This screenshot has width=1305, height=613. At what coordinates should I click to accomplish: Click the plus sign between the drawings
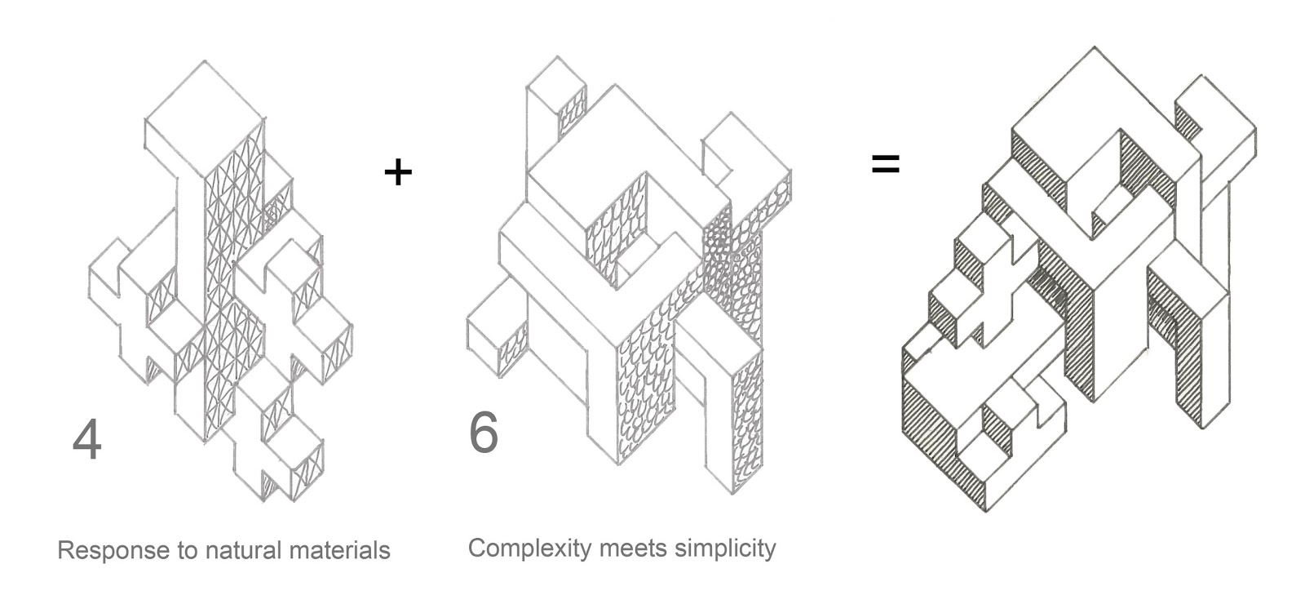click(x=397, y=172)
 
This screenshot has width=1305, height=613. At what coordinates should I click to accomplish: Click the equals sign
click(x=885, y=164)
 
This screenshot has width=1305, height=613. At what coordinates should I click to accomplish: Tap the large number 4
click(x=87, y=441)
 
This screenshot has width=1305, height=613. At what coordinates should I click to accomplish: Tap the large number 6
click(x=483, y=433)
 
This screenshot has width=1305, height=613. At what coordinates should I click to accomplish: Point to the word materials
click(x=339, y=550)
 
